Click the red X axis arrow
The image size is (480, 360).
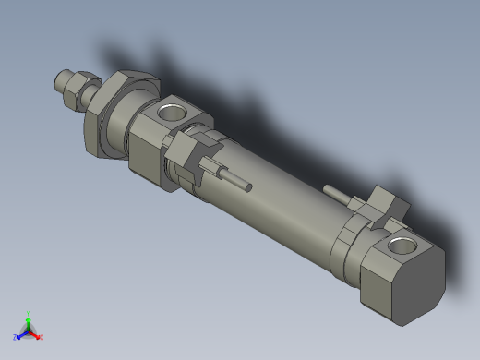[x=36, y=333]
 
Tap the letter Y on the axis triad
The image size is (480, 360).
[x=30, y=312]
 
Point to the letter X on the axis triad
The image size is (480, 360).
[x=42, y=337]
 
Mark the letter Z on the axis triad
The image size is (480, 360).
[x=16, y=337]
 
